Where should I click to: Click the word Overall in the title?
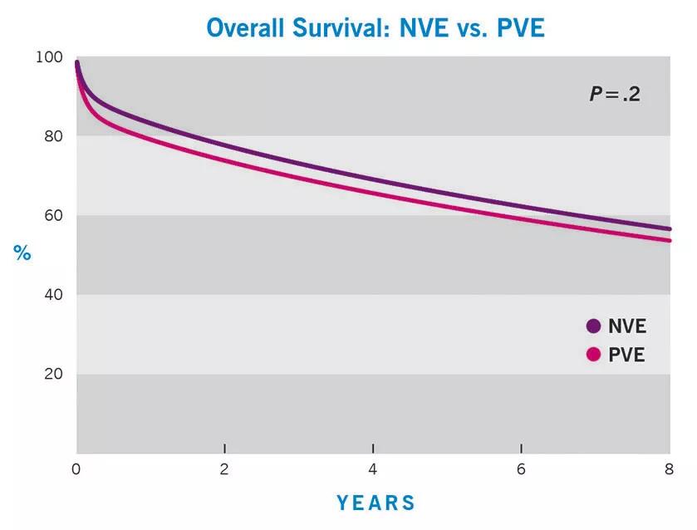(x=245, y=27)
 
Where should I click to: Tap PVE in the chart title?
(x=521, y=27)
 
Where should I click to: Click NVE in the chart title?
(x=424, y=27)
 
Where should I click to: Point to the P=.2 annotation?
(x=615, y=94)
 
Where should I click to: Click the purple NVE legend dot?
(x=593, y=326)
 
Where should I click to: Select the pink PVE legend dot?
(x=593, y=355)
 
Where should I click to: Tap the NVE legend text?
(x=626, y=326)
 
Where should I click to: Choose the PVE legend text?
(x=626, y=355)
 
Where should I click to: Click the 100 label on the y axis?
(x=49, y=57)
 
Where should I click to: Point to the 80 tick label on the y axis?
(x=53, y=136)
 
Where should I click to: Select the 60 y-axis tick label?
(x=53, y=215)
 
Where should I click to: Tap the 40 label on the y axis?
(x=53, y=294)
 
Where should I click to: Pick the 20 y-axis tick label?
(x=53, y=374)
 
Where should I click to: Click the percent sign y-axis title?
(x=22, y=253)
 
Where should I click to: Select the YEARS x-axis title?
(x=375, y=503)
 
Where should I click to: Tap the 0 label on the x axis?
(x=76, y=469)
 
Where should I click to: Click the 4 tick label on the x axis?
(x=372, y=469)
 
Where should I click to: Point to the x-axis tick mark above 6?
(x=521, y=449)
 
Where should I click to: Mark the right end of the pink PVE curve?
(x=670, y=241)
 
